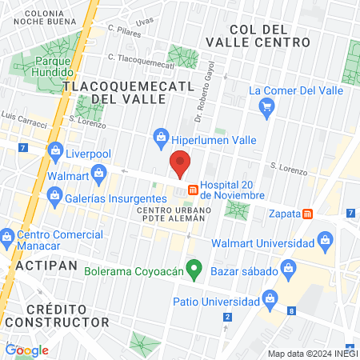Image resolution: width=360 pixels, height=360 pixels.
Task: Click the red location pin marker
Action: click(x=179, y=164)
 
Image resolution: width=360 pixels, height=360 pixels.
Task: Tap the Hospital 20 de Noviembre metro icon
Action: click(x=193, y=190)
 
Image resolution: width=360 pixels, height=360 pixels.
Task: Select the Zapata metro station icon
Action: click(x=308, y=214)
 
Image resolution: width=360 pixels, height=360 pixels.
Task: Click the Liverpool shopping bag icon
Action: click(x=56, y=150)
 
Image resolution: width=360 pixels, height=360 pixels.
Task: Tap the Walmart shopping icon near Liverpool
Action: click(x=98, y=171)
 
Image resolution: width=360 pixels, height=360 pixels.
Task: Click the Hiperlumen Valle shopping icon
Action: click(x=160, y=137)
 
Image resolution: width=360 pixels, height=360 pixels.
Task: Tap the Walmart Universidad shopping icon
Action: click(x=325, y=239)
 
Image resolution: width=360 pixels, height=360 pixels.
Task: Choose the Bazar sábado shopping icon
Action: click(x=270, y=273)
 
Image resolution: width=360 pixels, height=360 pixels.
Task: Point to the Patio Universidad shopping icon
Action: click(x=271, y=301)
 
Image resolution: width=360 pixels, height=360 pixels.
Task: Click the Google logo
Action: click(x=26, y=350)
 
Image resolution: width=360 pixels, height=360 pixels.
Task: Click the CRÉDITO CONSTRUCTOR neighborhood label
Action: click(x=56, y=315)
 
